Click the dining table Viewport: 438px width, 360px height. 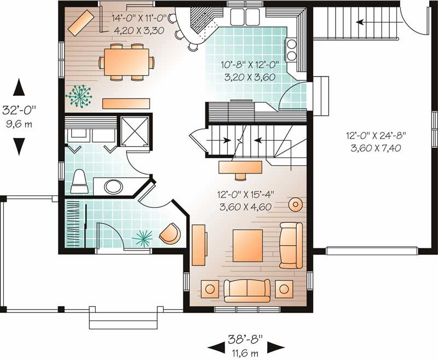pyautogui.click(x=126, y=62)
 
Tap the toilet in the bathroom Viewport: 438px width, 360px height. pyautogui.click(x=79, y=182)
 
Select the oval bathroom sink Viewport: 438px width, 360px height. pyautogui.click(x=113, y=187)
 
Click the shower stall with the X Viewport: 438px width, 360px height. pyautogui.click(x=134, y=131)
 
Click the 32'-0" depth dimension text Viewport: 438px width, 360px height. pyautogui.click(x=19, y=110)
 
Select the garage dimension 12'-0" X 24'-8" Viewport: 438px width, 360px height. pyautogui.click(x=376, y=136)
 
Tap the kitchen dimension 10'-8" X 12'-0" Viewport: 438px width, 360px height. pyautogui.click(x=250, y=65)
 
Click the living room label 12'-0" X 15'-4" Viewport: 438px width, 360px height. pyautogui.click(x=246, y=195)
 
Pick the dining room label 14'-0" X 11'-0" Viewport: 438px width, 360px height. pyautogui.click(x=139, y=19)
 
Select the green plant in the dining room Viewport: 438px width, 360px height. pyautogui.click(x=79, y=96)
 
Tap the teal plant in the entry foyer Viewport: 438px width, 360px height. pyautogui.click(x=143, y=239)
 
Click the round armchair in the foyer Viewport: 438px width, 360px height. pyautogui.click(x=170, y=233)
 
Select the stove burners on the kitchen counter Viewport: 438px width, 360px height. pyautogui.click(x=291, y=50)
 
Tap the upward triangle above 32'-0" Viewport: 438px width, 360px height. pyautogui.click(x=19, y=87)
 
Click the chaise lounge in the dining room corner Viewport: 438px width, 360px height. pyautogui.click(x=81, y=22)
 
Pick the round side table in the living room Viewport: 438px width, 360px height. pyautogui.click(x=295, y=205)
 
